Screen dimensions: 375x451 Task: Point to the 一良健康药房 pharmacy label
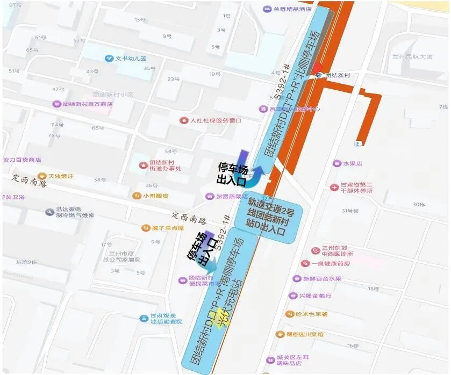(x=326, y=263)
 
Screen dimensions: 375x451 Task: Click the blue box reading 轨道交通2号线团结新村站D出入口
(x=273, y=217)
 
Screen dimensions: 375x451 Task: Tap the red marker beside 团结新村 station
(x=318, y=68)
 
